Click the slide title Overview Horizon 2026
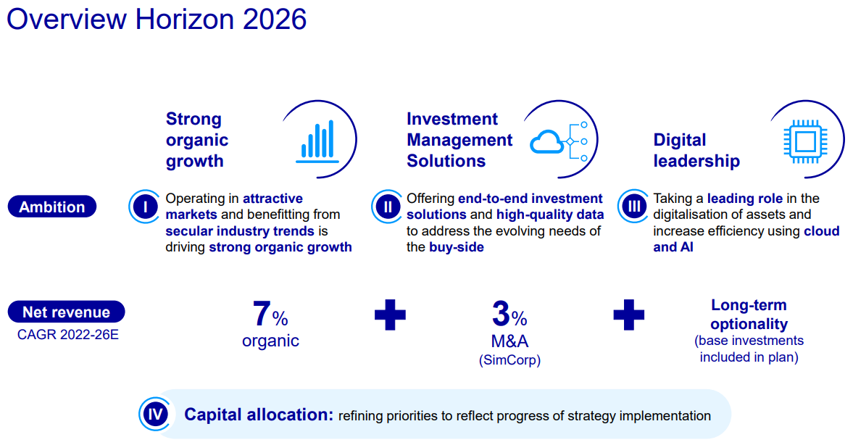point(157,20)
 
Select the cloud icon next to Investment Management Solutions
point(548,142)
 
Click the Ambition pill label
point(51,207)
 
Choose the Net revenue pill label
point(66,312)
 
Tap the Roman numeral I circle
point(145,207)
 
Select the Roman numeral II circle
point(387,207)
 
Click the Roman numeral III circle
point(634,207)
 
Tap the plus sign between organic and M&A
point(390,315)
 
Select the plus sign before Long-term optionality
point(628,315)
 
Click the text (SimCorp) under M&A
point(509,359)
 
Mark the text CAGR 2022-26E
point(67,335)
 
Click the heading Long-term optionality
point(749,315)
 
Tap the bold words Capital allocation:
point(258,415)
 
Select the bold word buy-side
point(456,247)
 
